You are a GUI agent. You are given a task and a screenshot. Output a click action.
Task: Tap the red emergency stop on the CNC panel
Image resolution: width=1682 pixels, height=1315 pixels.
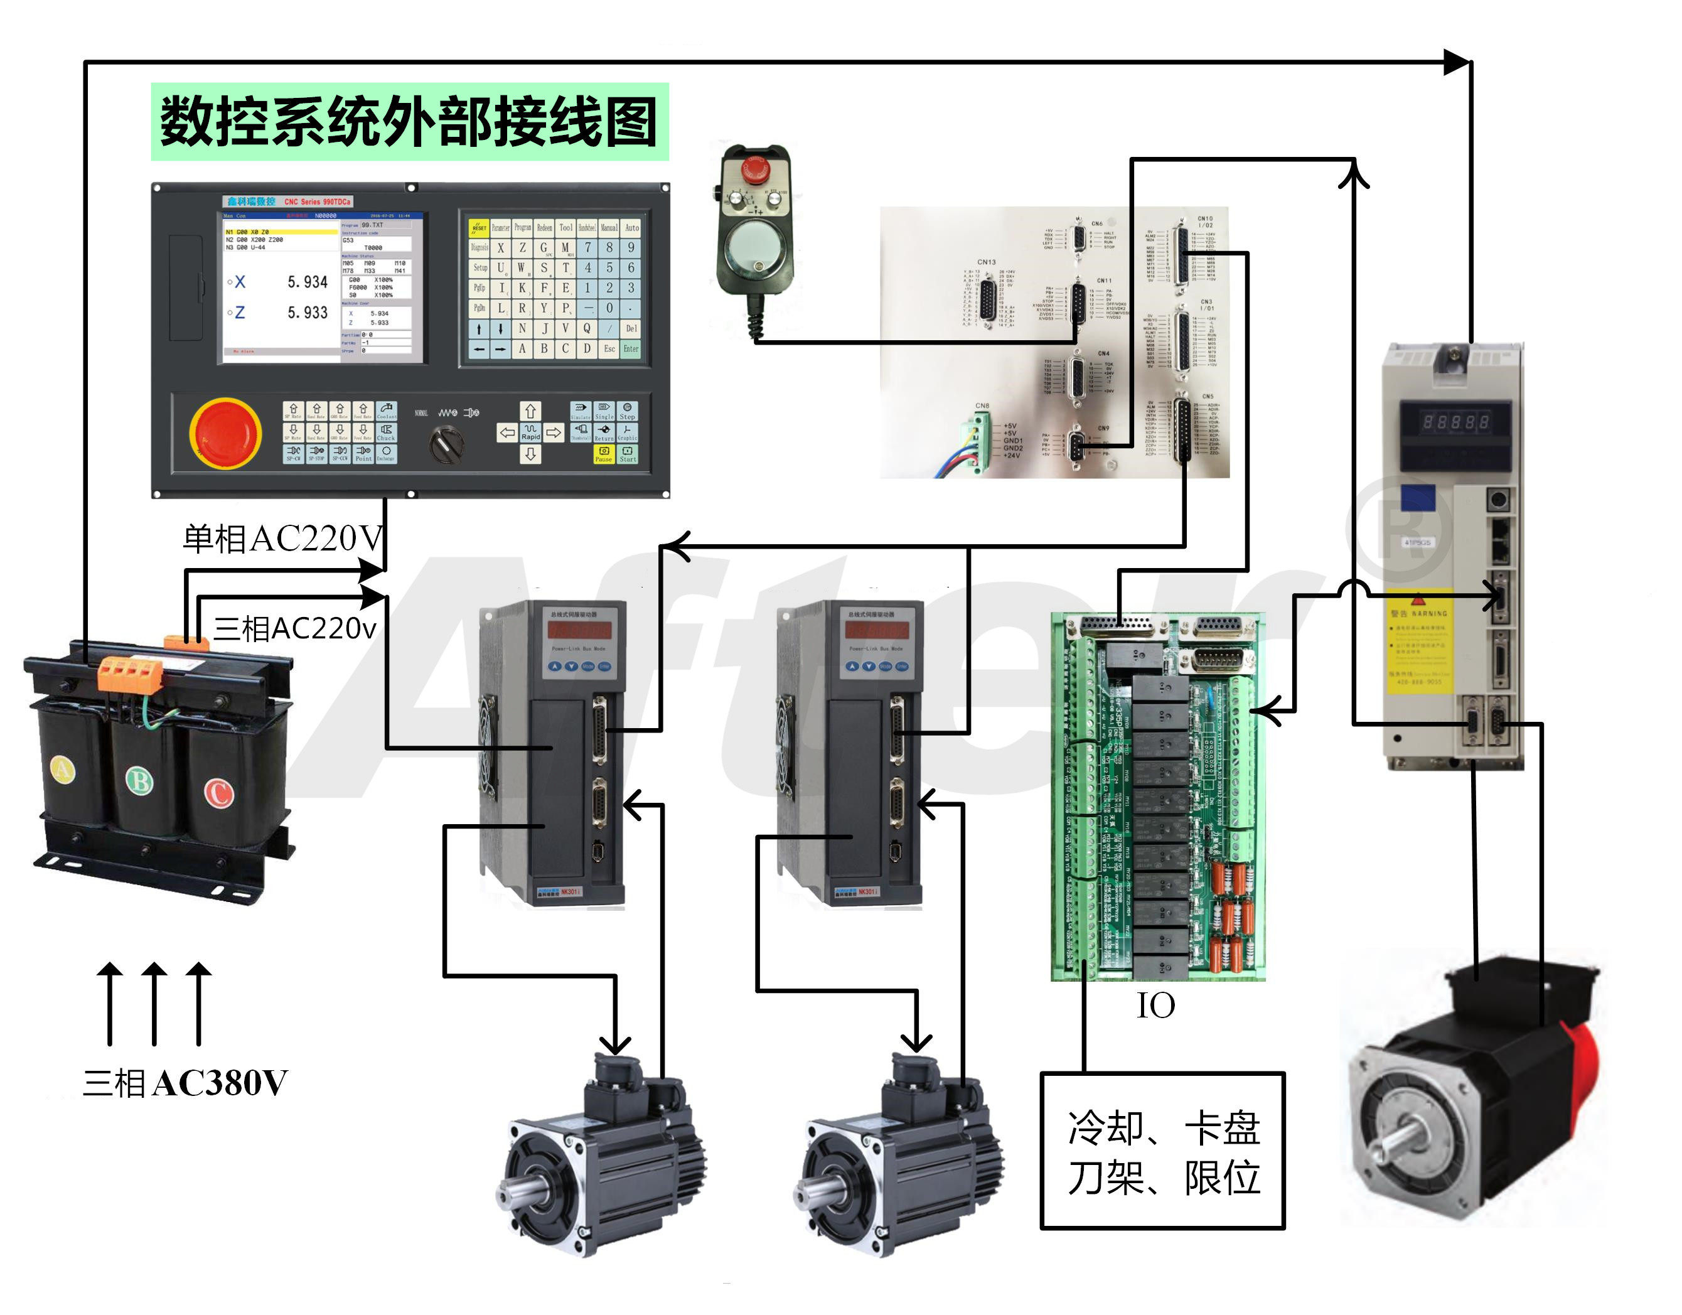[x=225, y=432]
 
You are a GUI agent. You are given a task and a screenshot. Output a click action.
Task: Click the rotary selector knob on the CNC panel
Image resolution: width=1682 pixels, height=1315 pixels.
[x=446, y=444]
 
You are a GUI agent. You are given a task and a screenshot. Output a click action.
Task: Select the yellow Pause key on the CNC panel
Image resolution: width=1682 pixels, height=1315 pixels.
[x=603, y=454]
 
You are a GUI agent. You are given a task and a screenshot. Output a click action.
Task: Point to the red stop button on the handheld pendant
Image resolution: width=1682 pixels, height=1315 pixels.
[x=756, y=169]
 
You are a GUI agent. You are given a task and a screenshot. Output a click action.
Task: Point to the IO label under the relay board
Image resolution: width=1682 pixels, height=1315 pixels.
[x=1156, y=1006]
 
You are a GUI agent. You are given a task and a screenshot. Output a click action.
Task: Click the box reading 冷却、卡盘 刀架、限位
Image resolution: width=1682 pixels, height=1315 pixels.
[x=1163, y=1151]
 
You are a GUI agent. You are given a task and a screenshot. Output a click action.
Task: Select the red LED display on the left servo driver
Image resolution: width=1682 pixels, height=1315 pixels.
[x=580, y=630]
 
